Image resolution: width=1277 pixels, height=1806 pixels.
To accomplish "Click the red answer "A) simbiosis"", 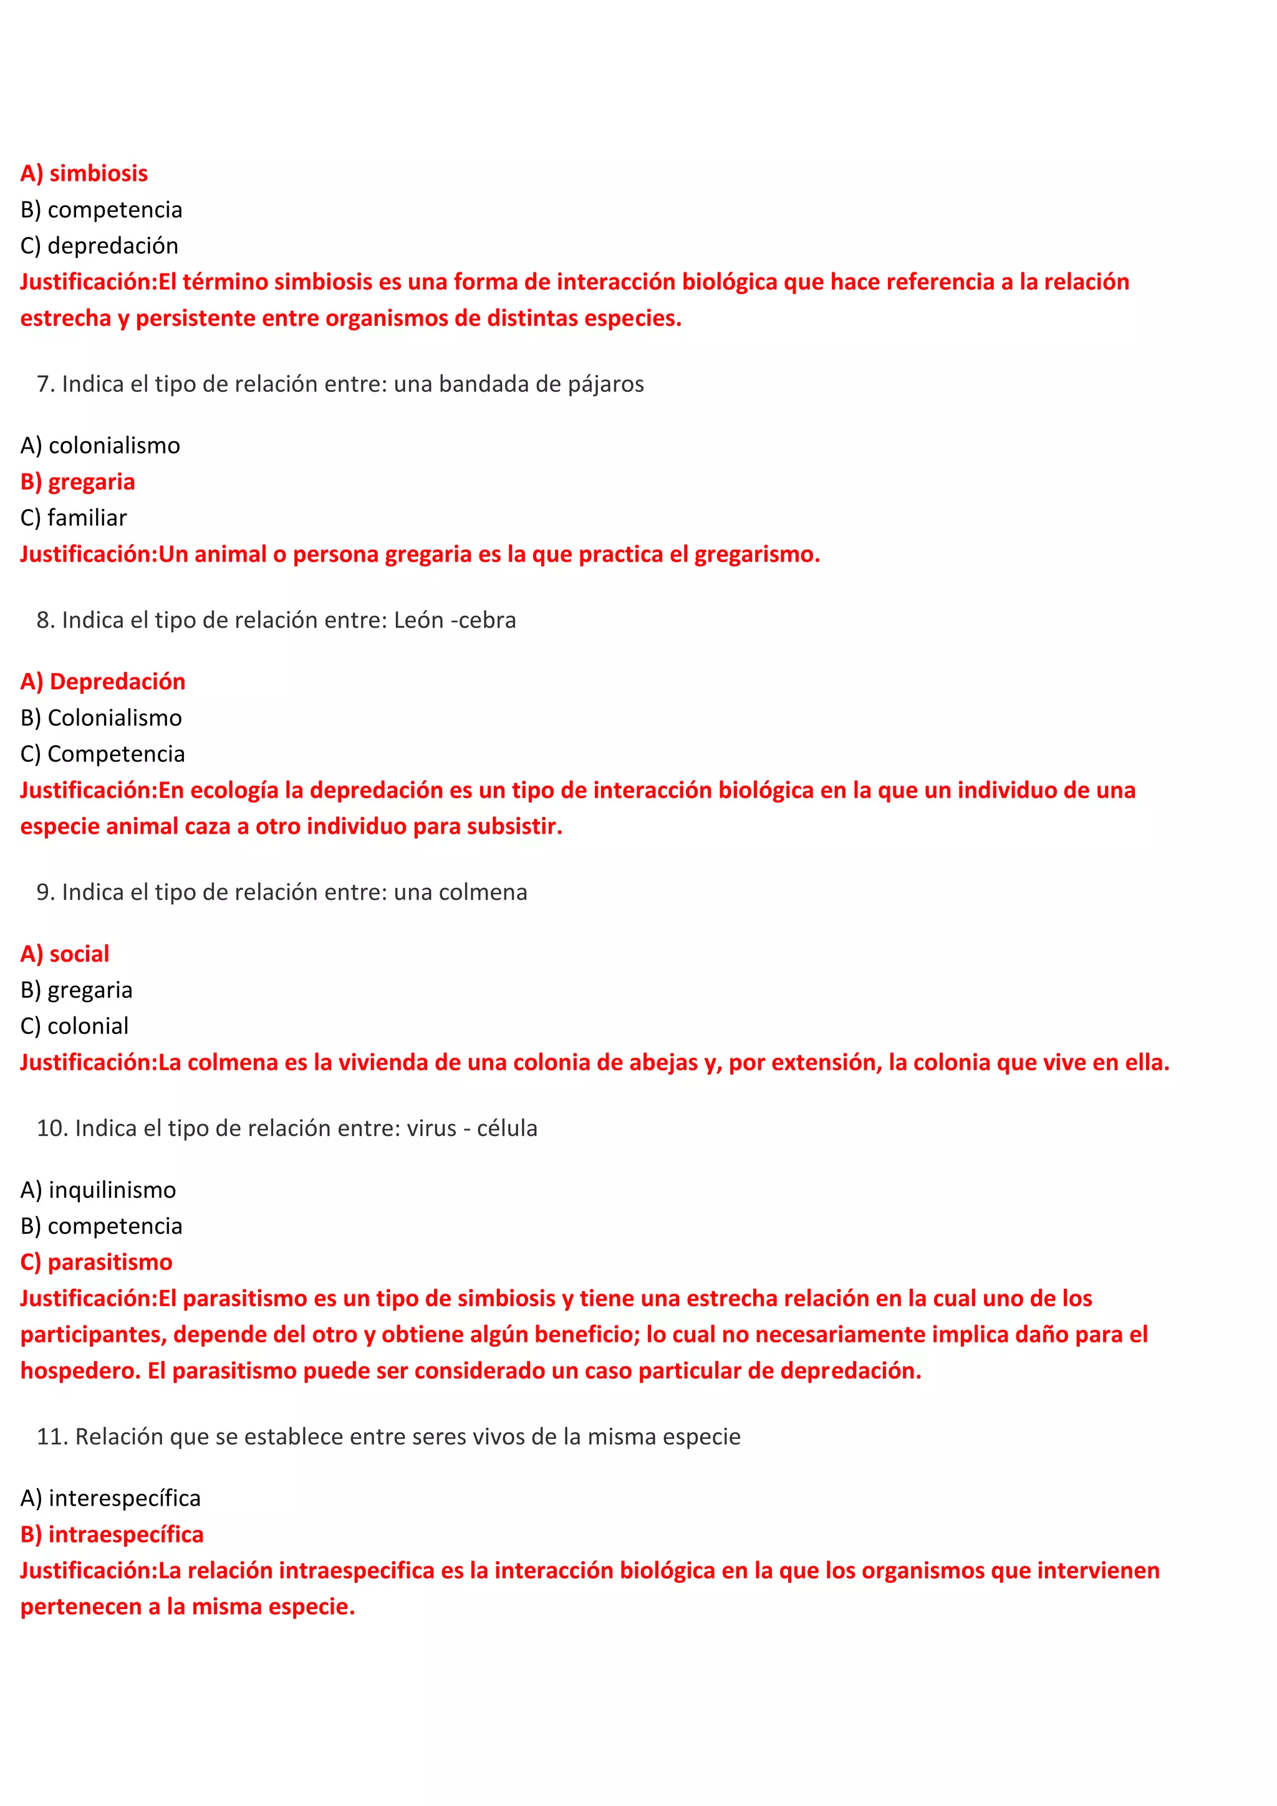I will (84, 173).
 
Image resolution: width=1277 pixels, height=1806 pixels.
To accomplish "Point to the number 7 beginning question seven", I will (44, 384).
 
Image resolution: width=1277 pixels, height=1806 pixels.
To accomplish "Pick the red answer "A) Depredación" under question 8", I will (102, 681).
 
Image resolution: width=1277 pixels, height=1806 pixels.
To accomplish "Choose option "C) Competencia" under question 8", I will (102, 753).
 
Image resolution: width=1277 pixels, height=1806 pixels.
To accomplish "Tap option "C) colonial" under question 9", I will (74, 1026).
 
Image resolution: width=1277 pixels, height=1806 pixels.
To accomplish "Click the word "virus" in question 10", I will (431, 1128).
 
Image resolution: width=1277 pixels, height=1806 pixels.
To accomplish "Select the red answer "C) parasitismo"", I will (96, 1262).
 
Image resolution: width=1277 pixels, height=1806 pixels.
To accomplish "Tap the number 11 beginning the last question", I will (51, 1436).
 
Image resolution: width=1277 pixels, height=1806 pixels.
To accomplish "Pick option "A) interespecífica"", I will (110, 1498).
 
